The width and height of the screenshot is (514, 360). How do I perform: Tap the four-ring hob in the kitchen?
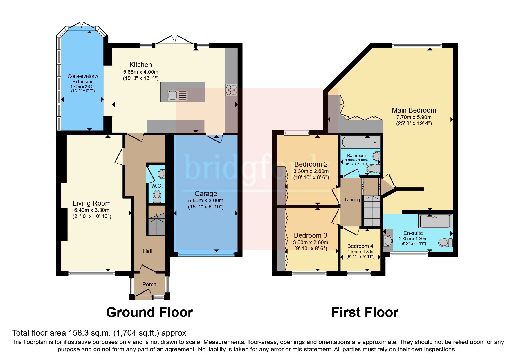(x=231, y=90)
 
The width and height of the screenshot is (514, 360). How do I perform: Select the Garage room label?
(x=205, y=194)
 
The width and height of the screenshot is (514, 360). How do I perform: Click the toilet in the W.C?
(x=157, y=196)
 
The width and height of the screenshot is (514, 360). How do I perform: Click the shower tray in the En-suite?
(x=435, y=221)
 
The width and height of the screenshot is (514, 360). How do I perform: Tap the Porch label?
(x=149, y=285)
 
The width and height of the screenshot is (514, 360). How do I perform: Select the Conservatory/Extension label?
(x=83, y=79)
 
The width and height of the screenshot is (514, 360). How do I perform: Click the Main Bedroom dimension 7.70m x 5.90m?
(x=414, y=117)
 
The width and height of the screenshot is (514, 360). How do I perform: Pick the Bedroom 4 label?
(x=360, y=246)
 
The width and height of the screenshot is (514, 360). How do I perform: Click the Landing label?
(x=352, y=200)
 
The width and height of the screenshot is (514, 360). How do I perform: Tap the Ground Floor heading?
(x=149, y=312)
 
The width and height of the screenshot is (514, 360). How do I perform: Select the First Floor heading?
(x=365, y=312)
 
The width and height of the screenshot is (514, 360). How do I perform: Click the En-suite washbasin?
(x=388, y=240)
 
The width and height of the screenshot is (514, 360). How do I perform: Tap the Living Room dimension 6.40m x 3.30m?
(x=92, y=210)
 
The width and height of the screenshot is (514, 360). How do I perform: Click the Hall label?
(x=147, y=251)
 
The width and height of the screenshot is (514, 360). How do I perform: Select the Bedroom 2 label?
(x=311, y=164)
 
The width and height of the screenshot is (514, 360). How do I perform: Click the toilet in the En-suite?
(x=445, y=242)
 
